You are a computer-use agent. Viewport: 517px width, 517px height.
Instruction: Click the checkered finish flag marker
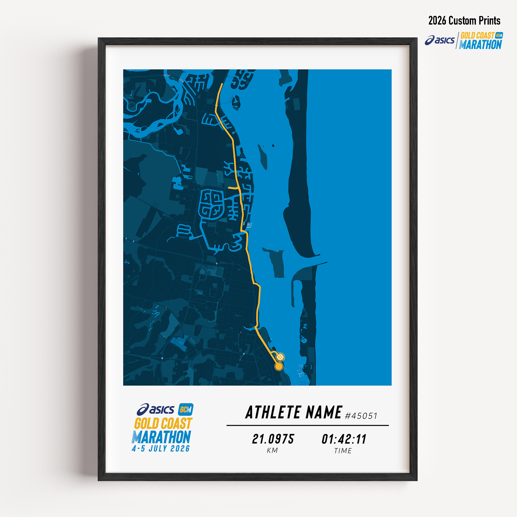coord(280,356)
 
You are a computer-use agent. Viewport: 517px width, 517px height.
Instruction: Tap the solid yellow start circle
coord(279,366)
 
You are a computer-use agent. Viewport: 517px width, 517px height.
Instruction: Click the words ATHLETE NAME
coord(294,412)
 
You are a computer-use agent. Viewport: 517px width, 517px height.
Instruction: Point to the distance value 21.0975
coord(273,439)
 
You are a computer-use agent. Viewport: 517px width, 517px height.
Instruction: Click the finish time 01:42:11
coord(344,439)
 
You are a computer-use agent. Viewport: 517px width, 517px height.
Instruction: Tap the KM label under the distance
coord(272,451)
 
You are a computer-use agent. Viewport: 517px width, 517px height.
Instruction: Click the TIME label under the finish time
coord(343,451)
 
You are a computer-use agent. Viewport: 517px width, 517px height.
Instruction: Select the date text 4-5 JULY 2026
coord(161,449)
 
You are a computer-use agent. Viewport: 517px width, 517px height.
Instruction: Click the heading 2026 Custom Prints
coord(464,21)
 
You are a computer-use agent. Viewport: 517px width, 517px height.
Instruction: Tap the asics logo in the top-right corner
coord(440,40)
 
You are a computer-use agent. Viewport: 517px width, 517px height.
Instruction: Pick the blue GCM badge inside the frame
coord(186,409)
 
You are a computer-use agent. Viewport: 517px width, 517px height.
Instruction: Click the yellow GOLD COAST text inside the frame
coord(163,424)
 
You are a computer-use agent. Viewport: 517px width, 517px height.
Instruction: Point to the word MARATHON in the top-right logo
coord(480,45)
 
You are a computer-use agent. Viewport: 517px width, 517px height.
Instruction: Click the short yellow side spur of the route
coord(233,188)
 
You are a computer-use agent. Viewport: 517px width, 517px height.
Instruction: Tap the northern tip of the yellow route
coord(222,84)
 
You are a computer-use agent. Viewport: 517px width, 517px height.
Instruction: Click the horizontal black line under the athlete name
coord(307,425)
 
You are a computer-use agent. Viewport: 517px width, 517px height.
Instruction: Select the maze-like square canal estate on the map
coord(211,204)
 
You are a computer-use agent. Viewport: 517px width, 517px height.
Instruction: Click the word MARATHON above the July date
coord(161,437)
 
